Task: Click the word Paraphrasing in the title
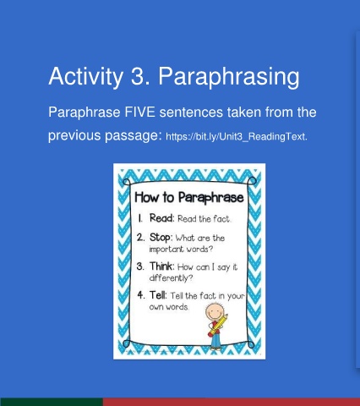click(229, 77)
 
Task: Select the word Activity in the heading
click(86, 77)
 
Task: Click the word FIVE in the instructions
click(139, 112)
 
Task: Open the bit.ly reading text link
click(237, 137)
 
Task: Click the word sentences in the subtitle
click(191, 112)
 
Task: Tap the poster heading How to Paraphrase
click(189, 197)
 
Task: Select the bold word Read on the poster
click(161, 218)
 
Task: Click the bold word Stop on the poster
click(161, 238)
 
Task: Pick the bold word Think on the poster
click(161, 266)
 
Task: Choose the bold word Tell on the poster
click(158, 295)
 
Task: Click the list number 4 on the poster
click(141, 295)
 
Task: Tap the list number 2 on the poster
click(140, 238)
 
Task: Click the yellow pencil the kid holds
click(218, 325)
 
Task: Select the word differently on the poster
click(171, 278)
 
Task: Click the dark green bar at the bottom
click(52, 402)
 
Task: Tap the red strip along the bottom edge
click(232, 402)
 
